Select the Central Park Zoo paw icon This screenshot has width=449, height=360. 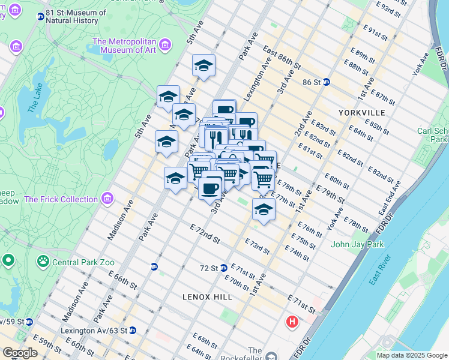point(43,261)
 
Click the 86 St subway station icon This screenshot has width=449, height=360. point(326,82)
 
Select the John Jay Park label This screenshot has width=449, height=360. point(357,244)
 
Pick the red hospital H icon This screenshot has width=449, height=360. point(292,322)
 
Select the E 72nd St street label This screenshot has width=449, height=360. point(205,234)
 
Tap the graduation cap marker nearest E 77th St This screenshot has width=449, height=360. point(263,209)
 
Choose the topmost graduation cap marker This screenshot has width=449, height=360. point(204,65)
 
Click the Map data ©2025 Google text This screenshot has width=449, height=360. point(411,355)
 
